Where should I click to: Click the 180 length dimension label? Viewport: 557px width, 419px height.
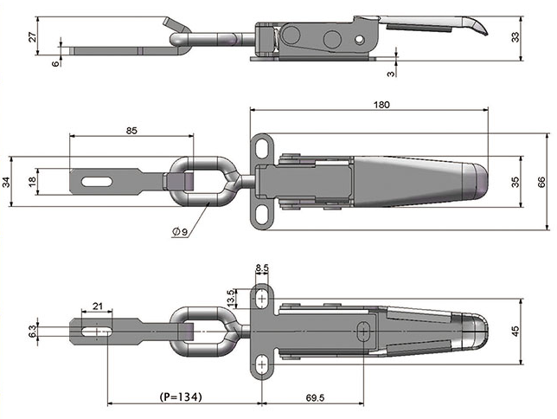point(381,105)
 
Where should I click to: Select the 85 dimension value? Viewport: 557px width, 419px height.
point(131,131)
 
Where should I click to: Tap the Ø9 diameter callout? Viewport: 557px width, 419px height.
point(180,232)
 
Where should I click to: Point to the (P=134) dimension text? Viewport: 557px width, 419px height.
point(181,396)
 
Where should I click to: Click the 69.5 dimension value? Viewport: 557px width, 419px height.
point(315,397)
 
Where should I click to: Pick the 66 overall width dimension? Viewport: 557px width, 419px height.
point(541,182)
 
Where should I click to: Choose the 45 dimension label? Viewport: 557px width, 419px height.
point(515,332)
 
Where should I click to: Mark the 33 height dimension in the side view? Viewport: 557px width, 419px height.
point(515,37)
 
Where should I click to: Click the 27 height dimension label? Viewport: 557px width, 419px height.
point(32,37)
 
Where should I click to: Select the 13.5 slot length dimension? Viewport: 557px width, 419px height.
point(231,298)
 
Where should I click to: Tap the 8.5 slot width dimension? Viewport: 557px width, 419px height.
point(262,268)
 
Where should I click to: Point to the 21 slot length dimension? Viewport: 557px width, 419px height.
point(98,306)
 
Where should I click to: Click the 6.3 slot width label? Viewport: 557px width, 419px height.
point(32,332)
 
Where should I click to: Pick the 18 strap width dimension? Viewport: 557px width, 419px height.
point(32,182)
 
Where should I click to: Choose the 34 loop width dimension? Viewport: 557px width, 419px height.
point(6,182)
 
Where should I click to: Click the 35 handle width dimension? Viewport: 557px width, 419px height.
point(515,182)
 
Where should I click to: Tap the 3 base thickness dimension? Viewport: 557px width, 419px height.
point(391,74)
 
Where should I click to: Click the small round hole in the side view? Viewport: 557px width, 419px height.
point(360,39)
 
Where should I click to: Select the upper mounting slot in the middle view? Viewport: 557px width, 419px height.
point(263,149)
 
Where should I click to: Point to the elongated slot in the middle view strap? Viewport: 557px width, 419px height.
point(97,182)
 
